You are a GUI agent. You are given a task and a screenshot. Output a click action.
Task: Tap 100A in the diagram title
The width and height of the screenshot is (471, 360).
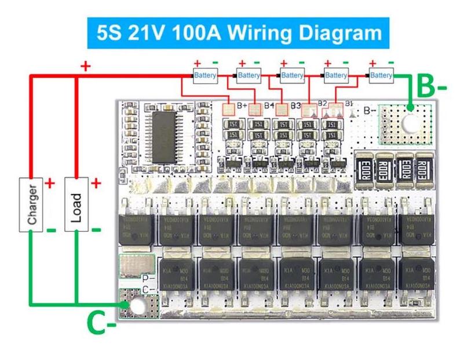click(196, 32)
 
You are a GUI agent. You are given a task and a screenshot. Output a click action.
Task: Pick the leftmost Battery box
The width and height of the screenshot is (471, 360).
click(205, 75)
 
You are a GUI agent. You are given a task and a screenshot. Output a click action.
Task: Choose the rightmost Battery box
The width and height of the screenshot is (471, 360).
click(381, 75)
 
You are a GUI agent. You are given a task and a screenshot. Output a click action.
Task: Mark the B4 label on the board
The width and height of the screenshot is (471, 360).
click(269, 106)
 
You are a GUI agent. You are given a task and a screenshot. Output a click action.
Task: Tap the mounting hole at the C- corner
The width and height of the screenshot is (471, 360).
click(137, 306)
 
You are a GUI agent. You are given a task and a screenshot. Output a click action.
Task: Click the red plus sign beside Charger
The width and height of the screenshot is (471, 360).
click(50, 184)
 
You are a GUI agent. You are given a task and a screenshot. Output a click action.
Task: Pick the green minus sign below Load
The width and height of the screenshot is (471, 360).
click(96, 230)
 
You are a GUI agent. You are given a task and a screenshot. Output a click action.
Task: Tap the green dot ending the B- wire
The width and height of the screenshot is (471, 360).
click(410, 107)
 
